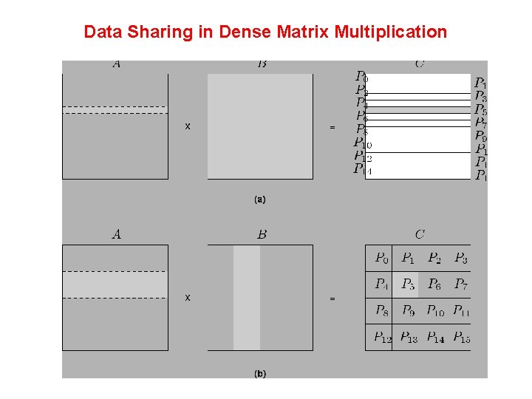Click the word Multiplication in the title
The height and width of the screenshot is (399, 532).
pyautogui.click(x=390, y=32)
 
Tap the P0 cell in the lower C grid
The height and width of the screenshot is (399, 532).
pyautogui.click(x=381, y=258)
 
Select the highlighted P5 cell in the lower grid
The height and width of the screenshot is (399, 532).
pyautogui.click(x=408, y=284)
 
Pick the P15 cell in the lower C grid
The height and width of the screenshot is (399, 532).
pyautogui.click(x=461, y=338)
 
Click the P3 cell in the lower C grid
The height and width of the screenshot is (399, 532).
pyautogui.click(x=460, y=258)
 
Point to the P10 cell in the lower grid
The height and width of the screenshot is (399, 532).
pyautogui.click(x=435, y=310)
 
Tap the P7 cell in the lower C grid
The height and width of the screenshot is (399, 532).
pyautogui.click(x=460, y=284)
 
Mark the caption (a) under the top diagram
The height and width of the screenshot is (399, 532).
pyautogui.click(x=259, y=199)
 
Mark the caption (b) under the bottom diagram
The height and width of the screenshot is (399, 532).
pyautogui.click(x=259, y=374)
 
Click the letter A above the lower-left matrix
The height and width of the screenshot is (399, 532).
pyautogui.click(x=116, y=235)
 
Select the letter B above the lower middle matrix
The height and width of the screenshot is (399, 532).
pyautogui.click(x=262, y=235)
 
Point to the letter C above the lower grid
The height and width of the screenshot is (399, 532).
pyautogui.click(x=419, y=235)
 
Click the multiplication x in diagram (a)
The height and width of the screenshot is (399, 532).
pyautogui.click(x=188, y=126)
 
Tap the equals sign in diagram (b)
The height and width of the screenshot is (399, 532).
pyautogui.click(x=332, y=299)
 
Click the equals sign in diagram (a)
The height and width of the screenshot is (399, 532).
pyautogui.click(x=332, y=127)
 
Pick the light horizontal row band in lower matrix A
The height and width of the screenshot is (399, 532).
pyautogui.click(x=115, y=284)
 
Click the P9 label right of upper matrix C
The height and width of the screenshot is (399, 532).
pyautogui.click(x=480, y=137)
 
